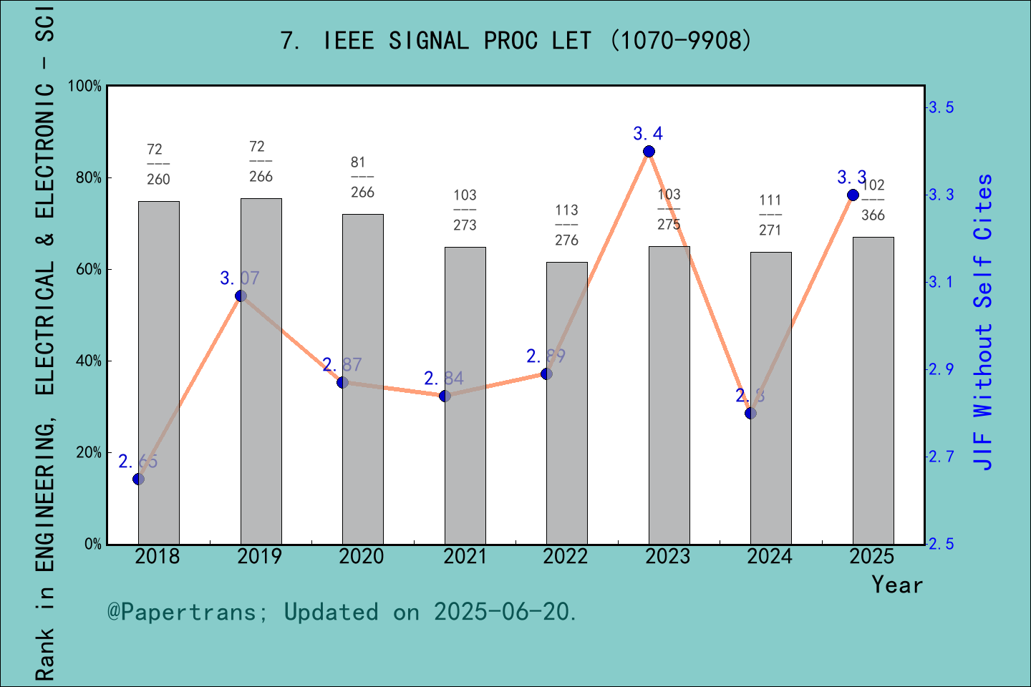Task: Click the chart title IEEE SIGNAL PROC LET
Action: coord(515,41)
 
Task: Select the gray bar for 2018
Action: coord(158,372)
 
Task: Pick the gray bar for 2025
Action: coord(873,390)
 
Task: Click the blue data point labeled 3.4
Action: coord(649,152)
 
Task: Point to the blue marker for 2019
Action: coord(241,296)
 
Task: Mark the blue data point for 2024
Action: coord(750,413)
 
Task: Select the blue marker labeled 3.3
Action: coord(853,195)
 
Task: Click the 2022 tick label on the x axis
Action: coord(565,557)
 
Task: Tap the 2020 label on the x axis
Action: coord(362,557)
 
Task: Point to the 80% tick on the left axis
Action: coord(89,178)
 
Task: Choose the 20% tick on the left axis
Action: coord(89,453)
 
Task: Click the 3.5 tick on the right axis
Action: coord(941,107)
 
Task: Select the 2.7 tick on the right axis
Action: coord(941,457)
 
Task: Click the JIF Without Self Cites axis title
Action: coord(983,322)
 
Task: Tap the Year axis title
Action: coord(896,585)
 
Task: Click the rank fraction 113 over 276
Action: coord(566,225)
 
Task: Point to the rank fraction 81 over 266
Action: coord(362,177)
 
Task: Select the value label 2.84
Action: coord(444,379)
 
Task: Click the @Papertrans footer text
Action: coord(342,612)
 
